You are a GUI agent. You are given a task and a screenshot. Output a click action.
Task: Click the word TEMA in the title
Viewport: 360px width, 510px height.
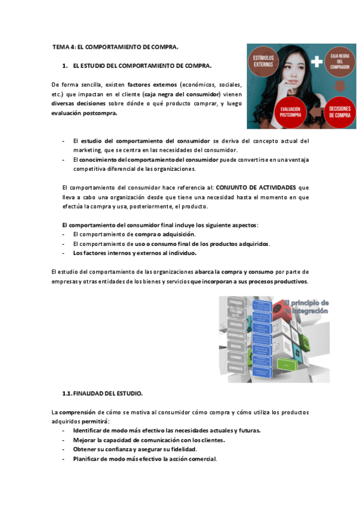[61, 46]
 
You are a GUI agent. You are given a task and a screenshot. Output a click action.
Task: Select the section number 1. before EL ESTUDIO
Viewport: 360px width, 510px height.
[65, 64]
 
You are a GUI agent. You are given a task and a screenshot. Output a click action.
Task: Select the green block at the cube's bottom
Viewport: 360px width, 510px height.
[286, 365]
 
